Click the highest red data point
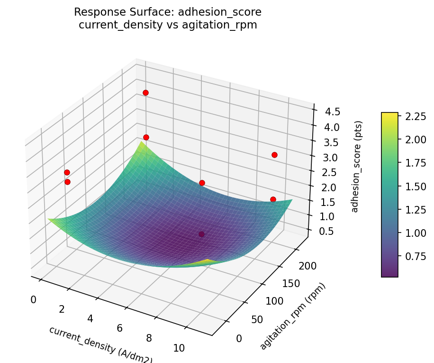click(145, 93)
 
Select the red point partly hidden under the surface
click(201, 234)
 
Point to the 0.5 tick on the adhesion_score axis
click(326, 231)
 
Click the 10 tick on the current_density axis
click(179, 348)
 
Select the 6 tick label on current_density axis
click(119, 328)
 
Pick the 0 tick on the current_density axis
click(33, 299)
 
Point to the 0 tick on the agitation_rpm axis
click(239, 338)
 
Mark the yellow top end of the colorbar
click(389, 114)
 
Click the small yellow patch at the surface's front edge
click(208, 261)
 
